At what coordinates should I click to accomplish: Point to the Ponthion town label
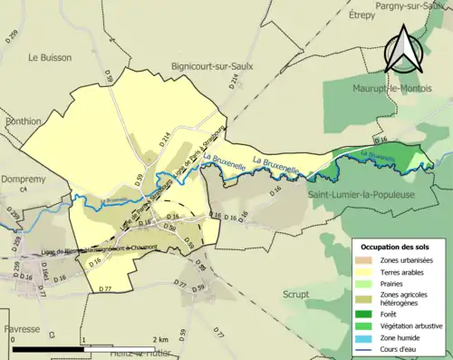click(x=21, y=120)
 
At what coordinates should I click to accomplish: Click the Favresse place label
click(x=20, y=328)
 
